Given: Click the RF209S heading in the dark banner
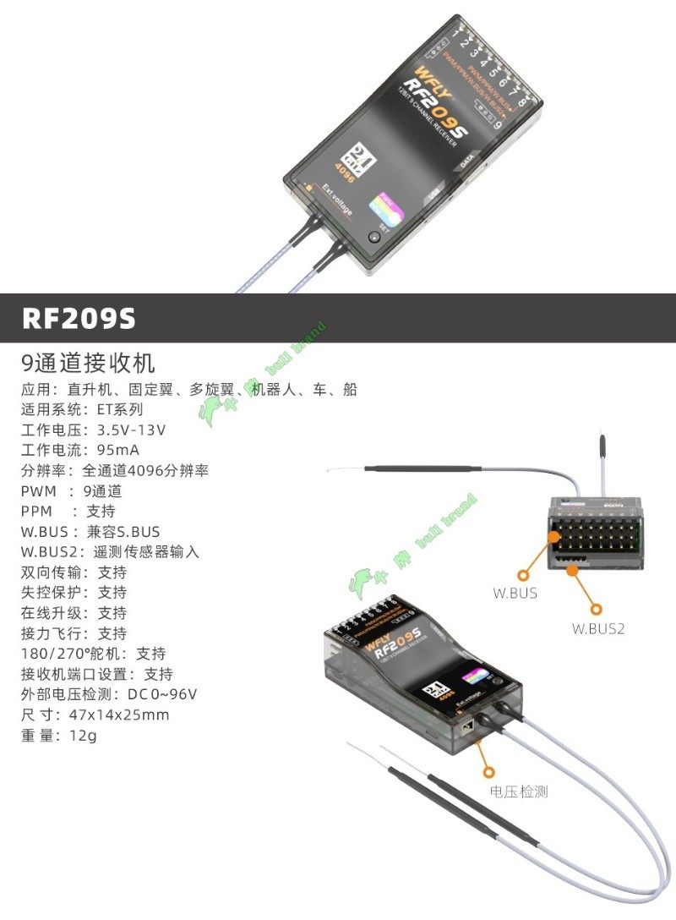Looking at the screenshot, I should pyautogui.click(x=79, y=318).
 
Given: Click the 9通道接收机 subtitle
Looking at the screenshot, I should pyautogui.click(x=88, y=364).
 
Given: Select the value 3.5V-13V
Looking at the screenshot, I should pyautogui.click(x=131, y=430).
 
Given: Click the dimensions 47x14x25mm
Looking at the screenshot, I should pyautogui.click(x=119, y=715).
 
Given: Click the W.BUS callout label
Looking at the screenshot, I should pyautogui.click(x=515, y=593).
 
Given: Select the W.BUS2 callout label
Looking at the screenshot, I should pyautogui.click(x=597, y=628).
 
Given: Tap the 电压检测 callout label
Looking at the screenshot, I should pyautogui.click(x=519, y=791).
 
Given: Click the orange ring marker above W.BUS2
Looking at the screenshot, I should pyautogui.click(x=597, y=608).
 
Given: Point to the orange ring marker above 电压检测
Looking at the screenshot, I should pyautogui.click(x=488, y=770).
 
